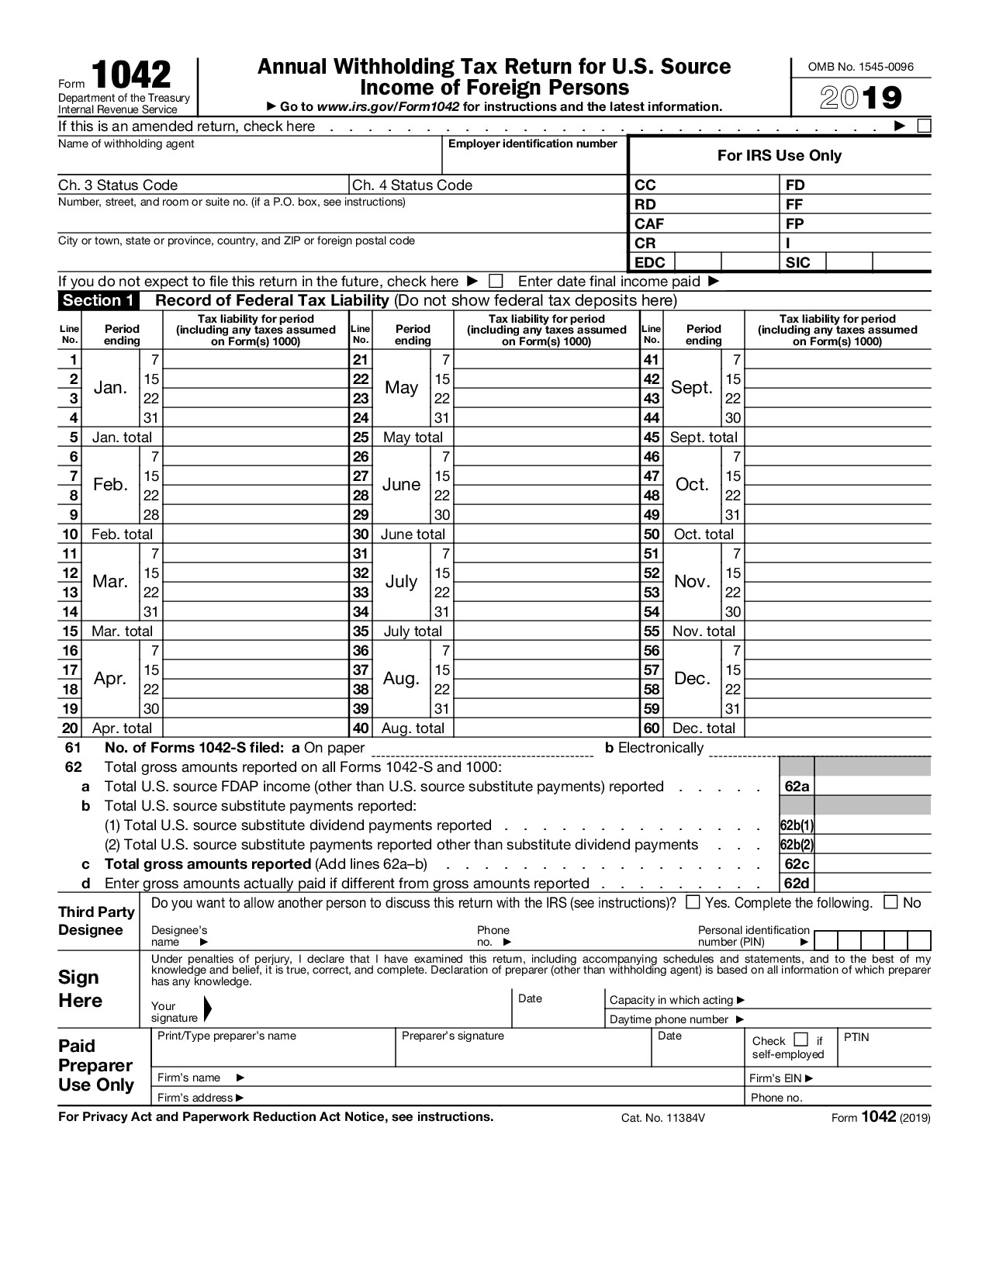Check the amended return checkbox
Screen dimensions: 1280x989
coord(924,126)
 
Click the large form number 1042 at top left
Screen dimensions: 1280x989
coord(131,75)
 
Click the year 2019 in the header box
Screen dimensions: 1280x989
coord(861,99)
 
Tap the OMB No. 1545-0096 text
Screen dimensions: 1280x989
coord(861,67)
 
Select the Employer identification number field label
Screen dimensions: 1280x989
coord(533,144)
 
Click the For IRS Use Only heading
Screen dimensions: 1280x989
coord(779,155)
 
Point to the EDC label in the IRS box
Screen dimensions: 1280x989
coord(649,262)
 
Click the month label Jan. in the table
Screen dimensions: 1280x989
coord(110,388)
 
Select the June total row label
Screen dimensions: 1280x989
coord(413,534)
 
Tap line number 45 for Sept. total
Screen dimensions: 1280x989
coord(652,438)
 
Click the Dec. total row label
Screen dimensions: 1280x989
coord(704,728)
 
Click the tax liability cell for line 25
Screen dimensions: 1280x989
coord(546,438)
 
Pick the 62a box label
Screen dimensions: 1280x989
coord(797,787)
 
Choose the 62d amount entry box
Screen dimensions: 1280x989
coord(872,884)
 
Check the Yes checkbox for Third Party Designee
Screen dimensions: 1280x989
coord(693,902)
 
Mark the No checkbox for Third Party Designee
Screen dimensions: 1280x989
coord(891,902)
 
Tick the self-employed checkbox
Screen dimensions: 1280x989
coord(801,1040)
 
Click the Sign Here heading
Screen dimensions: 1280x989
coord(80,989)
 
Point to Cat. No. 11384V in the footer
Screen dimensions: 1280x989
coord(662,1118)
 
